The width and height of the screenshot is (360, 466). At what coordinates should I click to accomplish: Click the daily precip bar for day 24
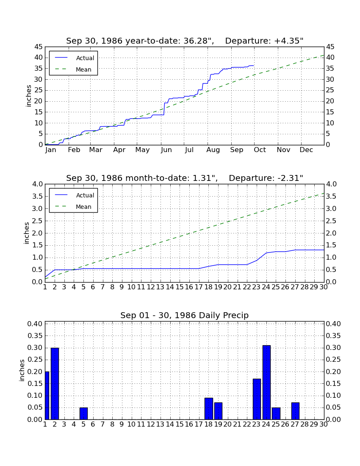click(266, 382)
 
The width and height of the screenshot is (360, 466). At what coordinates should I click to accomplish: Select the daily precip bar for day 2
click(55, 383)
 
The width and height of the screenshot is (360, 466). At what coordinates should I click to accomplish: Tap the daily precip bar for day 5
click(83, 413)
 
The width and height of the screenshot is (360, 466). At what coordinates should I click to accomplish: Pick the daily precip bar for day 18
click(208, 409)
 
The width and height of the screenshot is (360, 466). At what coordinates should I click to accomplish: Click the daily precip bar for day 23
click(257, 399)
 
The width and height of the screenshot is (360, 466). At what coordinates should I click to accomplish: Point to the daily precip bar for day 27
click(295, 411)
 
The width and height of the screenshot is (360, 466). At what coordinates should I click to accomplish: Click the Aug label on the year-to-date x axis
click(213, 150)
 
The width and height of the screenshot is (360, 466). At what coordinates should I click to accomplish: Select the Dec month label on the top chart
click(306, 150)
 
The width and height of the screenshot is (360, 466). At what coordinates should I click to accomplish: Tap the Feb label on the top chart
click(74, 150)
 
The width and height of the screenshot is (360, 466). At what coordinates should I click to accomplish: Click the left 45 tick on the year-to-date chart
click(39, 47)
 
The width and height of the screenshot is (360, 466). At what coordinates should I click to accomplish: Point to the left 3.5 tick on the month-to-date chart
click(37, 197)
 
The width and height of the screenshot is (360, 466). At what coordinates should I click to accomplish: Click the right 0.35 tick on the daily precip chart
click(333, 336)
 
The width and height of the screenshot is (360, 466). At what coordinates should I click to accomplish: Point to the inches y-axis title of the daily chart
click(22, 370)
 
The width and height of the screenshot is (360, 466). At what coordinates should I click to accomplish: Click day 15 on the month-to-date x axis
click(180, 287)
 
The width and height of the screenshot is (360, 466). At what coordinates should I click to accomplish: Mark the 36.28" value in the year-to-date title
click(197, 41)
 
